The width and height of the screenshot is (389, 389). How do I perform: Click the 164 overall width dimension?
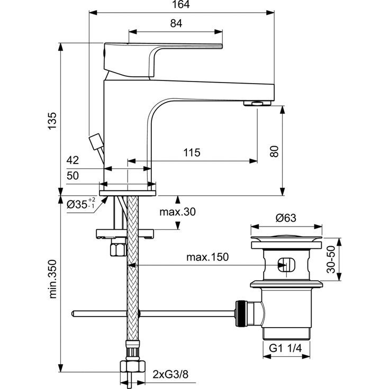(181, 5)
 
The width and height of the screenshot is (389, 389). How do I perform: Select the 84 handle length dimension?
(176, 23)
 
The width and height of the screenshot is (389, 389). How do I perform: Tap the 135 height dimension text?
(52, 122)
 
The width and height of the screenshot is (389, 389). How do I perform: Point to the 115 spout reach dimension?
(192, 153)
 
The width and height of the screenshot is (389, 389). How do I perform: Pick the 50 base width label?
(73, 176)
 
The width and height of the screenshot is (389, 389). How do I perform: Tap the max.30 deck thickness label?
(177, 212)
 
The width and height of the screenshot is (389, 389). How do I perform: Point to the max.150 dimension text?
(207, 258)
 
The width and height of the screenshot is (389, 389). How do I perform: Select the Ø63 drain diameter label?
(286, 217)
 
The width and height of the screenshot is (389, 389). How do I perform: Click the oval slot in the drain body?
(285, 264)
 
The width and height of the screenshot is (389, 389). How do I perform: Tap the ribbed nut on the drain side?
(241, 314)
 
